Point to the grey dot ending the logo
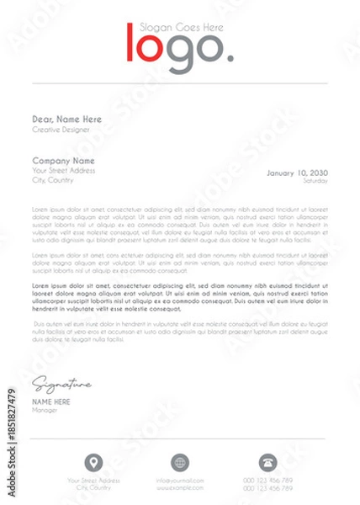pyautogui.click(x=230, y=60)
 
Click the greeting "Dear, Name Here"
pyautogui.click(x=66, y=120)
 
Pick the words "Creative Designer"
pyautogui.click(x=58, y=130)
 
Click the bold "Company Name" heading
pyautogui.click(x=63, y=160)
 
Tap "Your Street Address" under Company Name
pyautogui.click(x=64, y=171)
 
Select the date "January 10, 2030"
pyautogui.click(x=297, y=173)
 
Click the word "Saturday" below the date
pyautogui.click(x=315, y=181)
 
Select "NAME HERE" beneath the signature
pyautogui.click(x=51, y=402)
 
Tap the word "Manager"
pyautogui.click(x=44, y=411)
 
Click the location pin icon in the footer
pyautogui.click(x=94, y=461)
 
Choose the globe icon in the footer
pyautogui.click(x=179, y=461)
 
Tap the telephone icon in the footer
pyautogui.click(x=268, y=461)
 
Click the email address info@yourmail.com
pyautogui.click(x=179, y=481)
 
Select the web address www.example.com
pyautogui.click(x=179, y=487)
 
